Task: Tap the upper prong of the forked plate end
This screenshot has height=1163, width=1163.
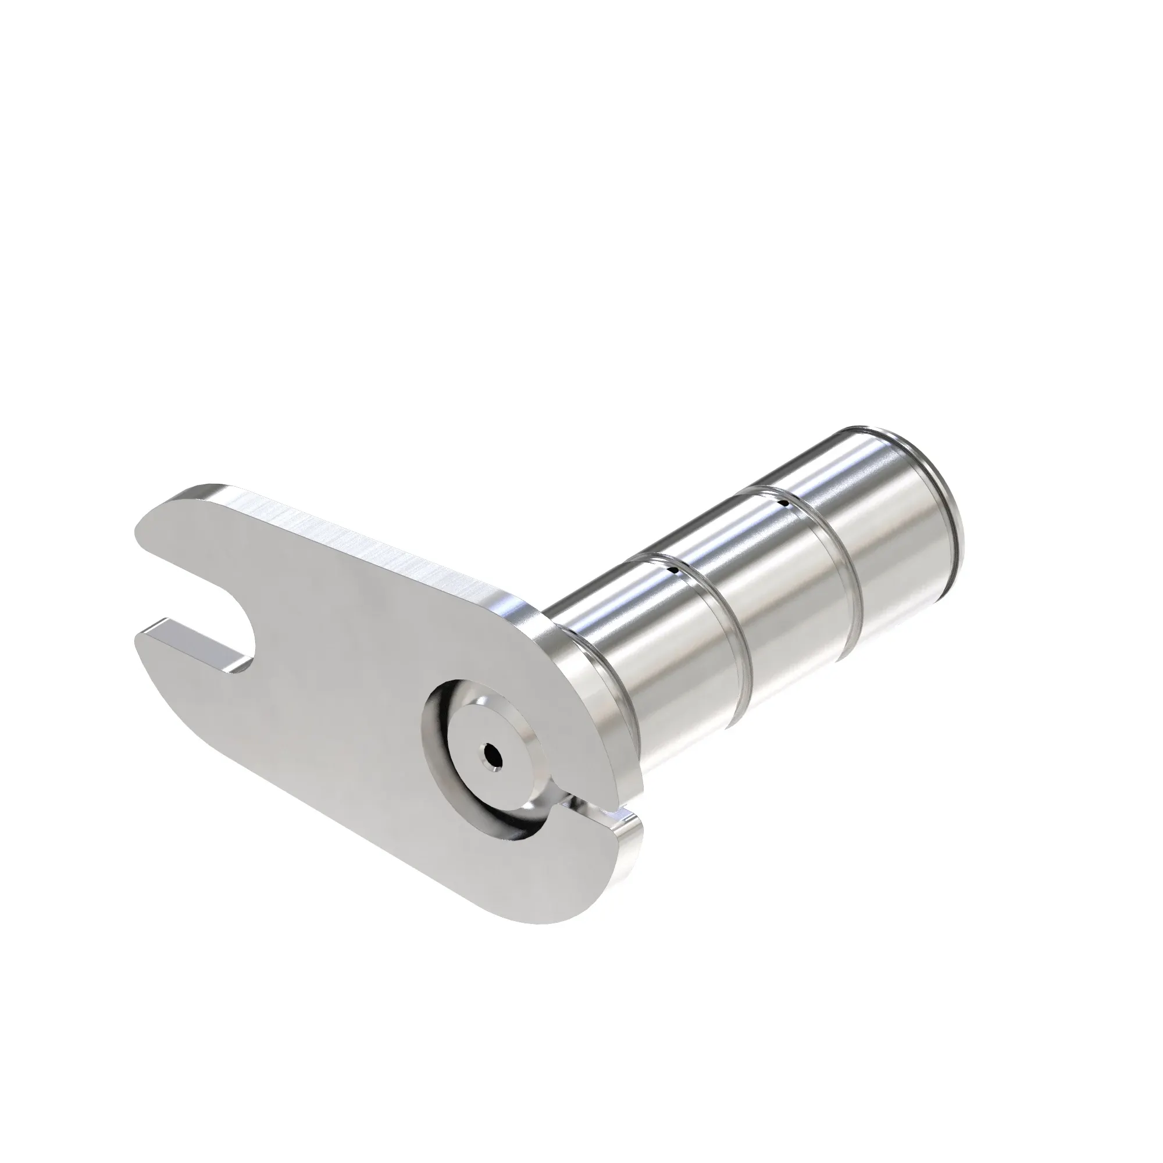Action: coord(181,530)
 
